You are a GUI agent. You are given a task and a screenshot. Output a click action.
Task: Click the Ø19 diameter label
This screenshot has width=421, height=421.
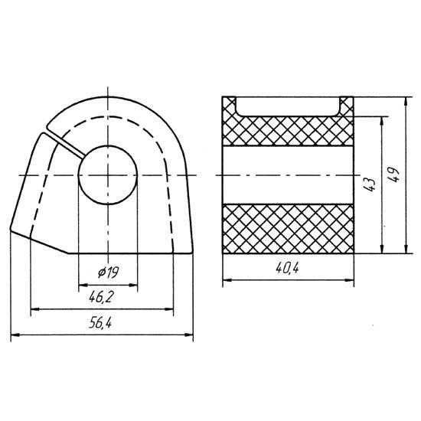pyautogui.click(x=108, y=273)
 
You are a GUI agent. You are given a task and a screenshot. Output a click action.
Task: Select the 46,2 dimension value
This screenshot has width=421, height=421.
pyautogui.click(x=101, y=297)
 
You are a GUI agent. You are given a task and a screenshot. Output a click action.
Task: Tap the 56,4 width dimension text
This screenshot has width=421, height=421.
pyautogui.click(x=100, y=323)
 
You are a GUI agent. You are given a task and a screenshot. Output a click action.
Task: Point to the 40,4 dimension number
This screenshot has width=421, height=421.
pyautogui.click(x=287, y=268)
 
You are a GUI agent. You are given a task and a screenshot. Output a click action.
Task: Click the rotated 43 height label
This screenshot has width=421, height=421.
pyautogui.click(x=369, y=184)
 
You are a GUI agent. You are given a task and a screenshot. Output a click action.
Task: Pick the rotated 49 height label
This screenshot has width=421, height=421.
pyautogui.click(x=393, y=175)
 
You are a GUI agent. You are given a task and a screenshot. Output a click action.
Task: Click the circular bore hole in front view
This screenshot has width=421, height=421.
pyautogui.click(x=108, y=175)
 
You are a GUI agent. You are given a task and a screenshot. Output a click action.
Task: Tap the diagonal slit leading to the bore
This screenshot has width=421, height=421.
pyautogui.click(x=65, y=143)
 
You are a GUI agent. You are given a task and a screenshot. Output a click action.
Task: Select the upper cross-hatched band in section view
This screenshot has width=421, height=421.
pyautogui.click(x=288, y=132)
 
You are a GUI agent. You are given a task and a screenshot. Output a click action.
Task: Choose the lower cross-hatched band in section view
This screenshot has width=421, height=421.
pyautogui.click(x=288, y=229)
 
